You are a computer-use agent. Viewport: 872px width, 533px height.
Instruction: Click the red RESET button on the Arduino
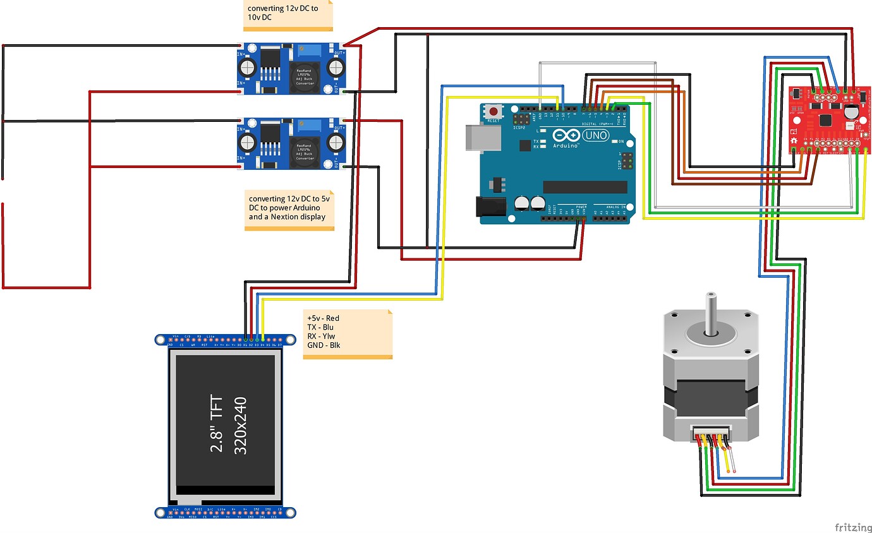[x=493, y=112]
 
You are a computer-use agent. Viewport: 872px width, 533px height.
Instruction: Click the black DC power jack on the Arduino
[x=491, y=208]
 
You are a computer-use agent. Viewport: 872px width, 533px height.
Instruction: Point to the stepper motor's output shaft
[x=711, y=313]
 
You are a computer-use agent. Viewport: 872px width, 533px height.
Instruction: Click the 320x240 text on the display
[x=240, y=424]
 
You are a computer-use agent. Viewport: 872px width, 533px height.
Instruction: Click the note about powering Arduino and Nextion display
[x=289, y=207]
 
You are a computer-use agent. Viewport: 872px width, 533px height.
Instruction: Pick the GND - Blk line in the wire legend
[x=323, y=345]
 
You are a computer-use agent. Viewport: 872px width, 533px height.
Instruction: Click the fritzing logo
[x=852, y=527]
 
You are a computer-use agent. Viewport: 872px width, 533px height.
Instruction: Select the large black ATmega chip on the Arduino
[x=584, y=187]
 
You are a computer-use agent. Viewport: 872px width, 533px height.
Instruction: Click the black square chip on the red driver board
[x=825, y=119]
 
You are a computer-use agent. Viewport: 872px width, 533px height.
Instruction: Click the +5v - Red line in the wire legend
[x=323, y=318]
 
